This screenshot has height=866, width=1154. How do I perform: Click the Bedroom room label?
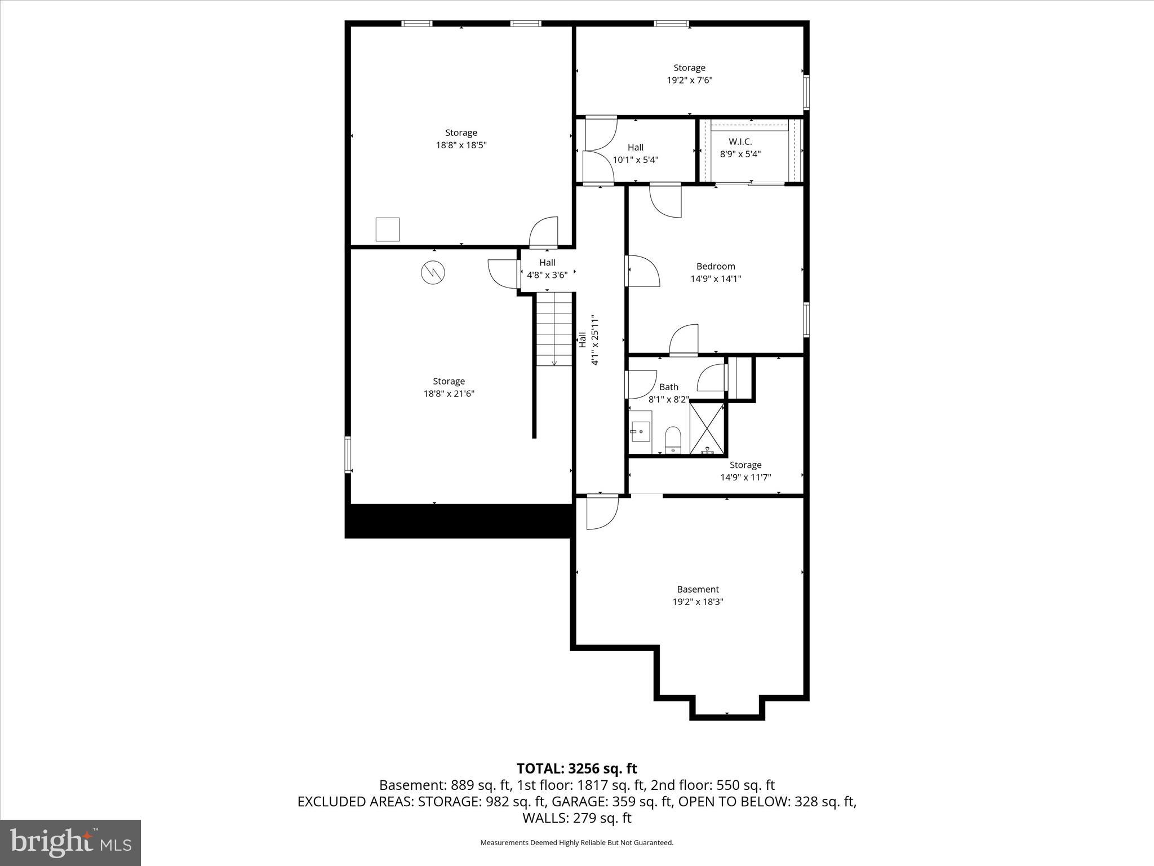click(x=716, y=266)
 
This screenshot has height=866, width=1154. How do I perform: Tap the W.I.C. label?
click(x=740, y=142)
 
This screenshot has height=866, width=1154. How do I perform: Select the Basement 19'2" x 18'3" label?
click(x=698, y=595)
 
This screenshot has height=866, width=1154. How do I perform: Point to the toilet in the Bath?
click(x=673, y=439)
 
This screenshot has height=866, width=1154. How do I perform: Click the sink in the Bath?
click(x=641, y=432)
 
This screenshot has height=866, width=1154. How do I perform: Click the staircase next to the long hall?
click(x=554, y=329)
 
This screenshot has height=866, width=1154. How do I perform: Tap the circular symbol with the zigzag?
click(x=433, y=273)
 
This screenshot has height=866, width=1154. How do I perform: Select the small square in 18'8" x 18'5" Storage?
click(x=388, y=229)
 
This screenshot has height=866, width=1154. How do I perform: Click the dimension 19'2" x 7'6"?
click(x=690, y=80)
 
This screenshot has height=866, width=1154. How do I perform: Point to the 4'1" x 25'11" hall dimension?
click(x=594, y=340)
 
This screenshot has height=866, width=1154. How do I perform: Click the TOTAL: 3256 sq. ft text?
click(x=576, y=768)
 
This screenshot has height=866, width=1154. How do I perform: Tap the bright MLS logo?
click(x=70, y=843)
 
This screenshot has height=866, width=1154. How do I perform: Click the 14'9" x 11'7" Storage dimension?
click(x=745, y=478)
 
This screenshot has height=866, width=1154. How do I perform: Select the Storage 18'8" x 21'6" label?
click(x=449, y=387)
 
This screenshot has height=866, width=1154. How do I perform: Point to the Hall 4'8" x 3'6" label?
click(x=547, y=268)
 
